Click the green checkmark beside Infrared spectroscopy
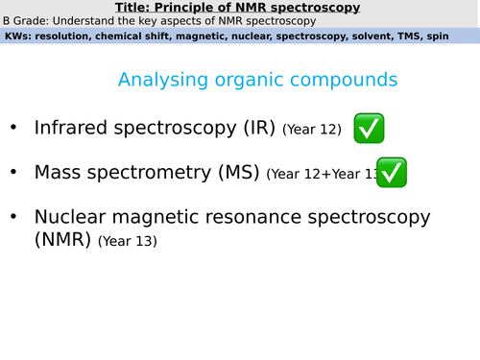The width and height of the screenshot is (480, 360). coord(370,128)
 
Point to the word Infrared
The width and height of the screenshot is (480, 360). coord(70,127)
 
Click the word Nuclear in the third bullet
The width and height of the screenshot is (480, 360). coord(72,218)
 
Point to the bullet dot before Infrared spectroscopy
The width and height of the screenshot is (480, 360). coord(12,128)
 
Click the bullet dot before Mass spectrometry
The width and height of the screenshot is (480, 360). coord(12,174)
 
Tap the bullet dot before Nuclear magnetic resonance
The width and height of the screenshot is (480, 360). coord(12,219)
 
